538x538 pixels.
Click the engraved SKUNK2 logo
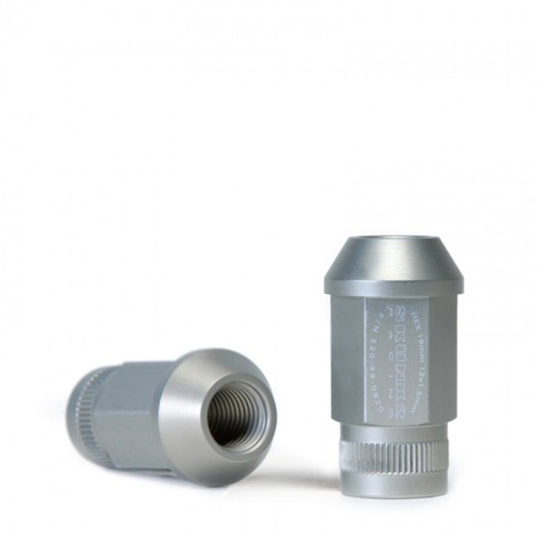(x=414, y=340)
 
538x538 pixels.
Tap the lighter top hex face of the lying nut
(x=139, y=370)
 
